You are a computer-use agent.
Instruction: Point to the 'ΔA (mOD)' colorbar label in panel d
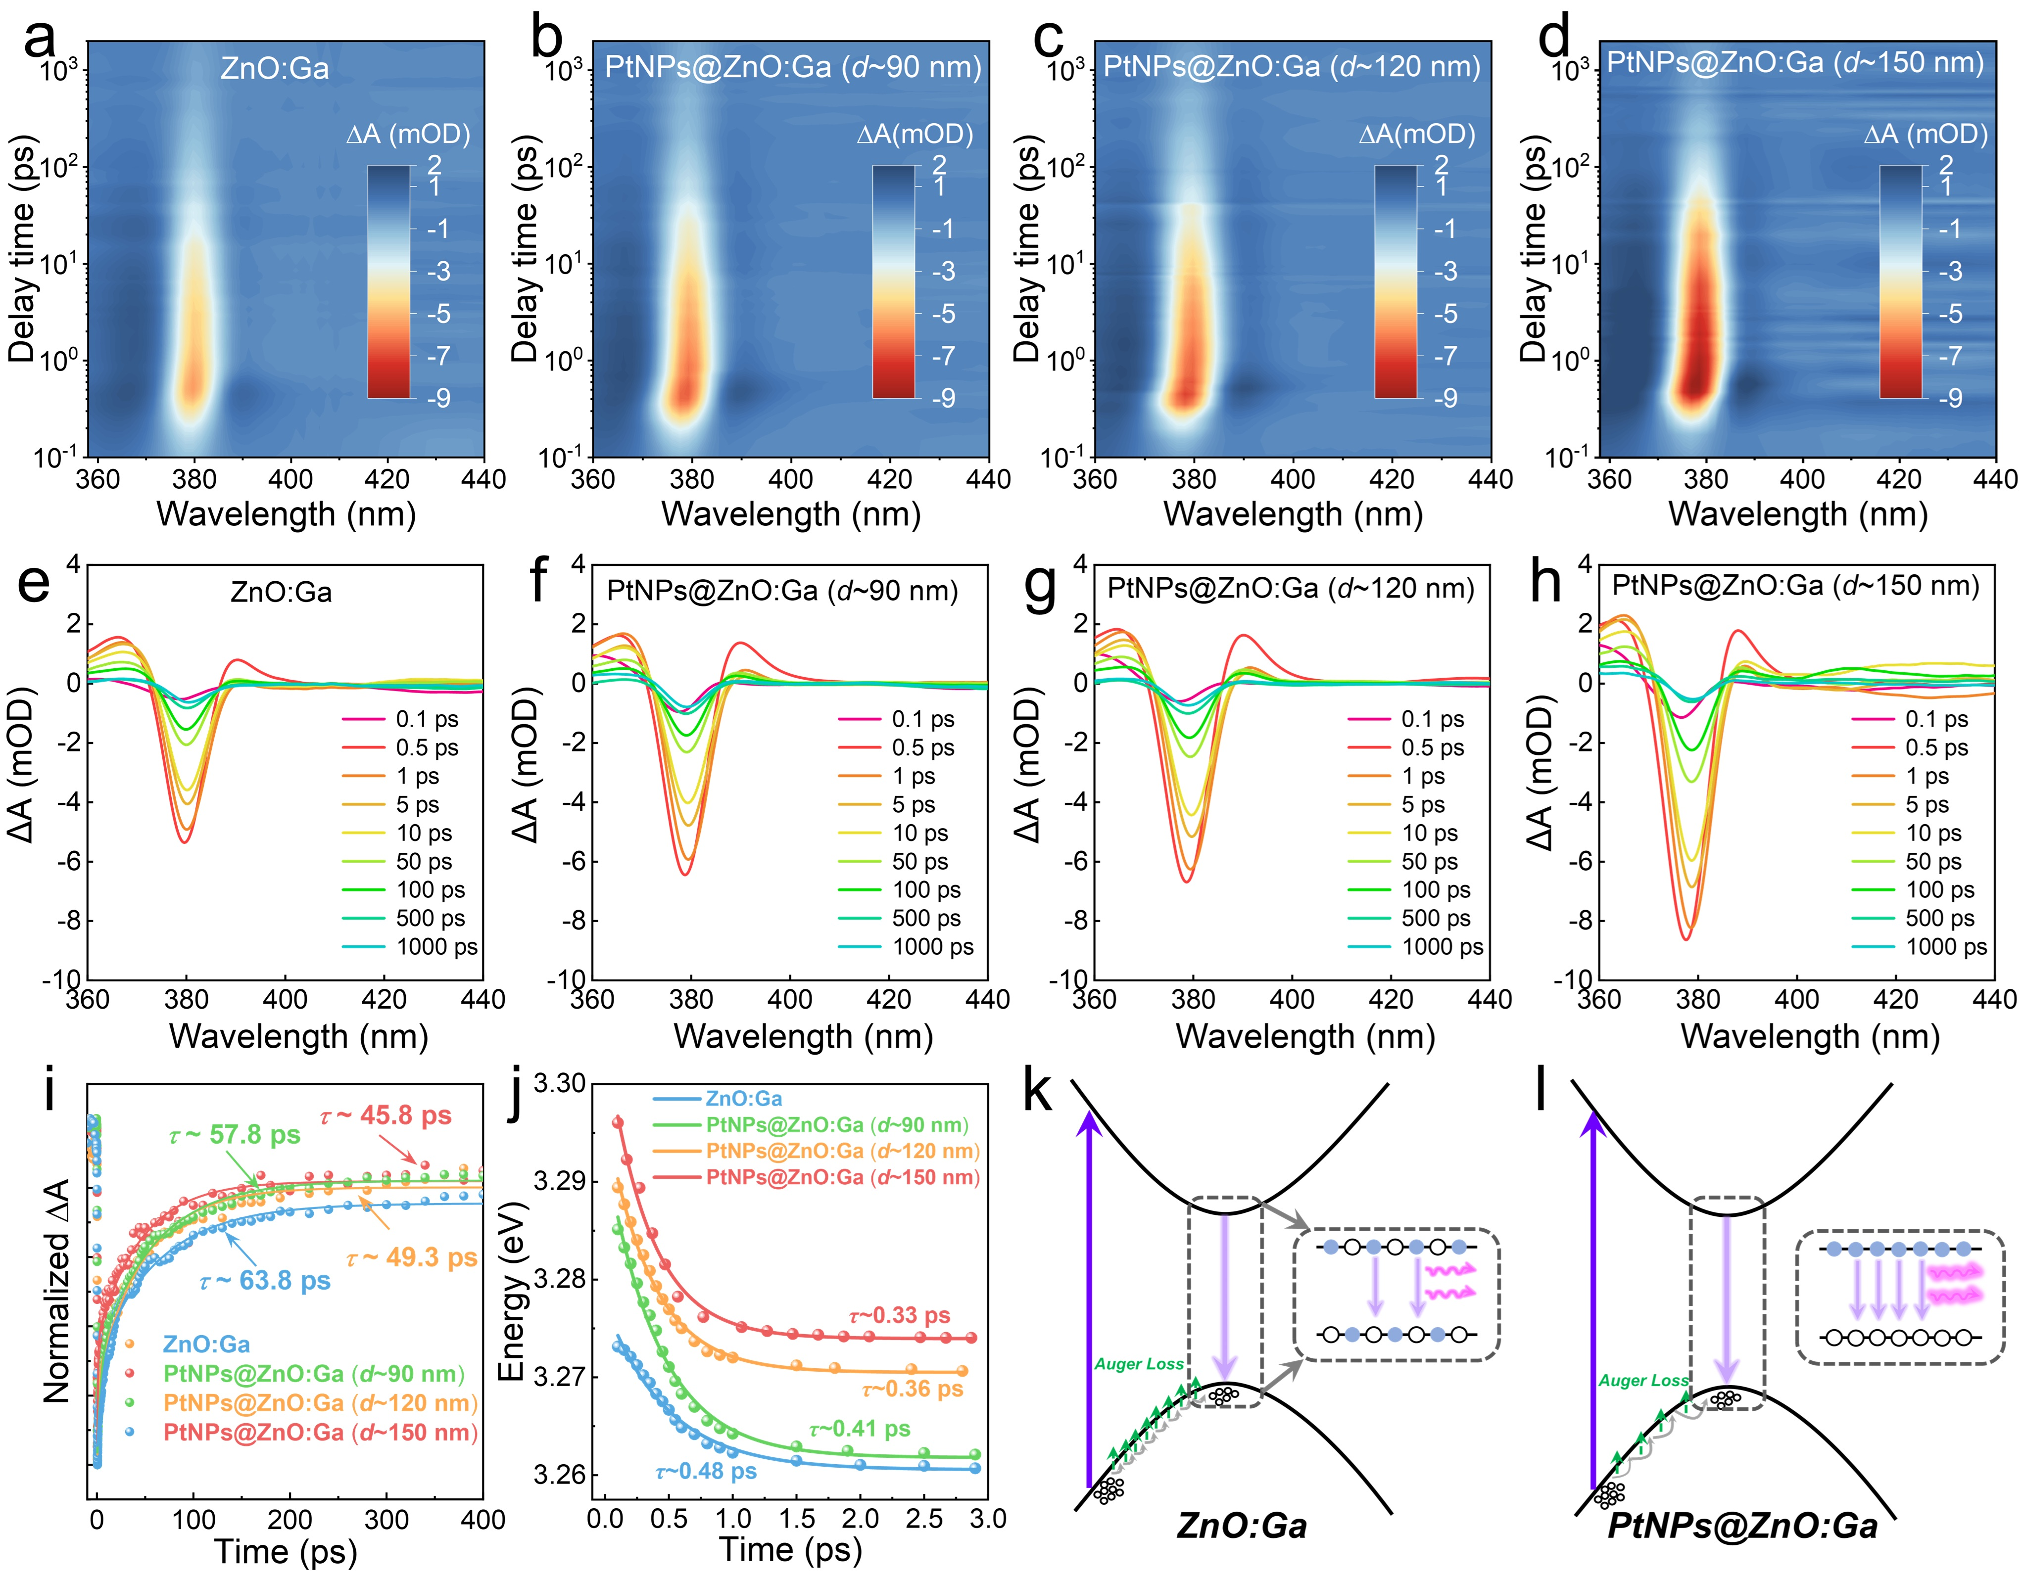click(x=1926, y=135)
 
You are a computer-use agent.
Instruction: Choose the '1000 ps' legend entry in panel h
click(x=1946, y=947)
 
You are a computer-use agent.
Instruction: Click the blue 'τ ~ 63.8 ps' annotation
click(x=265, y=1281)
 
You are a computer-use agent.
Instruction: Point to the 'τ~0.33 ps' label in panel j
click(x=899, y=1316)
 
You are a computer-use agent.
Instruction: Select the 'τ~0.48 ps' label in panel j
click(x=706, y=1471)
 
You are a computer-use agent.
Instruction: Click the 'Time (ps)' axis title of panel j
click(x=790, y=1549)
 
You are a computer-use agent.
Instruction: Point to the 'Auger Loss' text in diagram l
click(x=1643, y=1381)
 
